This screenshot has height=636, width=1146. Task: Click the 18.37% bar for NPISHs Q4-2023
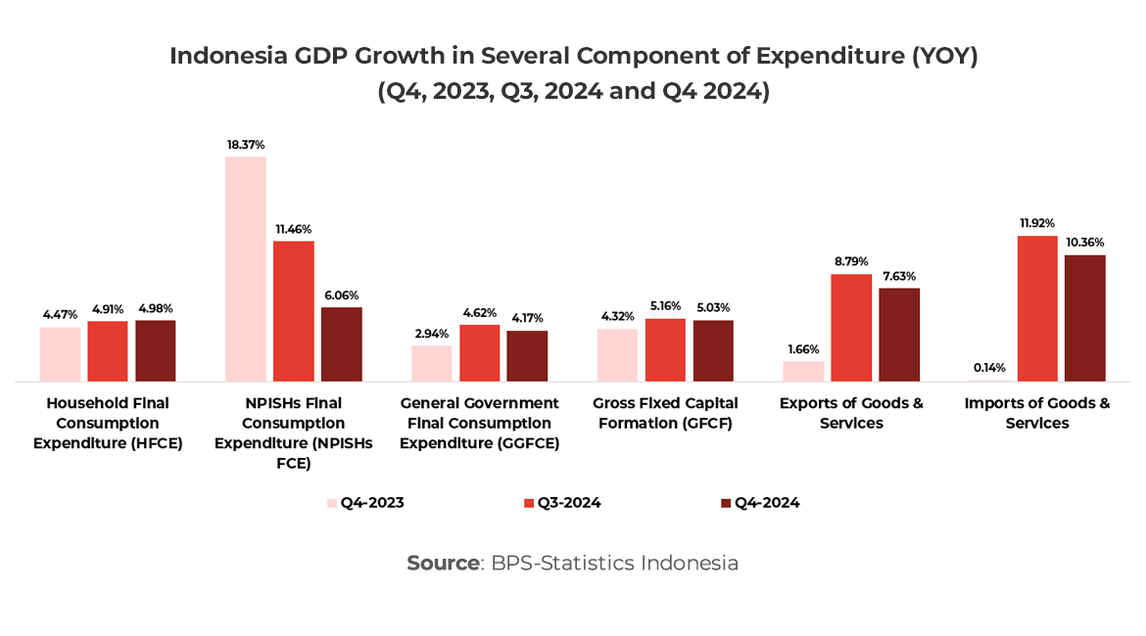(x=245, y=268)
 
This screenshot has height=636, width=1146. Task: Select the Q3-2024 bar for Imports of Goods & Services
(x=1037, y=308)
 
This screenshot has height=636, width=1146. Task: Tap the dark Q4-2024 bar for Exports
(x=899, y=335)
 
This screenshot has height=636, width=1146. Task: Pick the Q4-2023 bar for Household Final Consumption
(x=60, y=354)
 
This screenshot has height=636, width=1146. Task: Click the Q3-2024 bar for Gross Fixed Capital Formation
(x=665, y=349)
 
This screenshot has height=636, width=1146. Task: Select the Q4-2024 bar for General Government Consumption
(x=527, y=356)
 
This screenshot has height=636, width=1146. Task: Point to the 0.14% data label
(x=989, y=369)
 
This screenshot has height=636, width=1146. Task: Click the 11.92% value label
(x=1037, y=223)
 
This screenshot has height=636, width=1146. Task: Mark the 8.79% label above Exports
(x=851, y=261)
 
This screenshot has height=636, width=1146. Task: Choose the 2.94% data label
(x=431, y=334)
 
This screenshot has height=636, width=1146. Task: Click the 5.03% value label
(x=713, y=307)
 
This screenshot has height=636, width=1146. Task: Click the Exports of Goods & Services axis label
(x=851, y=413)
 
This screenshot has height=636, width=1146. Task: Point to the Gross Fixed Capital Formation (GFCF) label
(x=665, y=413)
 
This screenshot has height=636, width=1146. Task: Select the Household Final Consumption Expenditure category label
(x=108, y=423)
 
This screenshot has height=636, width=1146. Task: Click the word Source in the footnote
(x=443, y=564)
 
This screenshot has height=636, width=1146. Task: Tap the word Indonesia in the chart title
(x=228, y=56)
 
